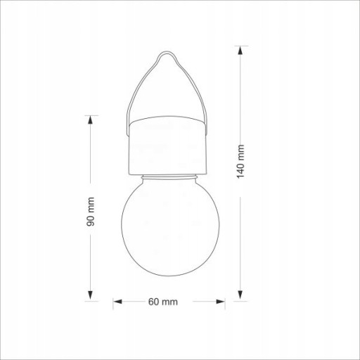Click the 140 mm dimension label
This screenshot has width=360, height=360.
[240, 162]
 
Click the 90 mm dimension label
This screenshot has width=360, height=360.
[90, 212]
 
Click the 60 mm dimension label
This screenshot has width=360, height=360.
[163, 302]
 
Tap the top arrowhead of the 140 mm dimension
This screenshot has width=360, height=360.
[240, 51]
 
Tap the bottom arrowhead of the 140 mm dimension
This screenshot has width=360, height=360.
[240, 295]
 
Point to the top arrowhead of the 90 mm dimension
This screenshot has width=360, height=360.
[90, 121]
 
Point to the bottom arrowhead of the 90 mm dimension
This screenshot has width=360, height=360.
[90, 295]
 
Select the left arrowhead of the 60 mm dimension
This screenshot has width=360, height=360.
[117, 302]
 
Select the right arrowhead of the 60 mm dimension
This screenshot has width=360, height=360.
[220, 302]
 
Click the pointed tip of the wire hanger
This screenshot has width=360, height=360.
[167, 52]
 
